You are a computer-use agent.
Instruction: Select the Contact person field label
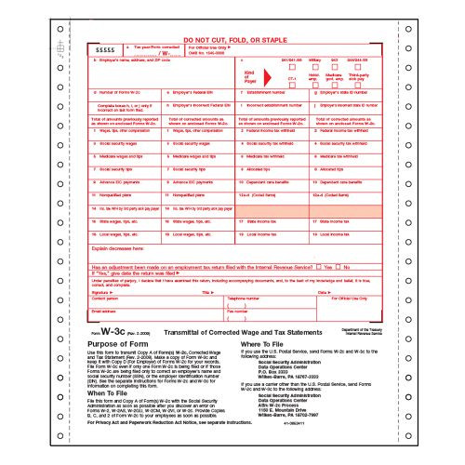click(x=105, y=299)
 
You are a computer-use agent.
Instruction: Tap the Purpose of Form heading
click(x=114, y=345)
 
